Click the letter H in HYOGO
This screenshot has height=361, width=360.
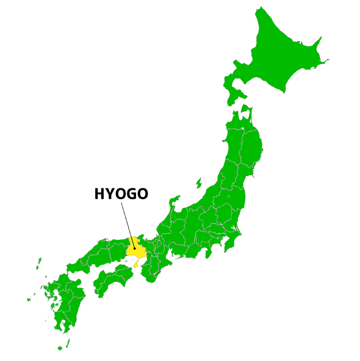[x=100, y=194]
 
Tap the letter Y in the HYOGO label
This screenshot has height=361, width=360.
[x=110, y=194]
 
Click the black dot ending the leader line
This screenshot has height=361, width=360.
[x=135, y=248]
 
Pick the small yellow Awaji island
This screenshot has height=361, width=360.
[x=136, y=264]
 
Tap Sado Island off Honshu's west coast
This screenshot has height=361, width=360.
[x=199, y=183]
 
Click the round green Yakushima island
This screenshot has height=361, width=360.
[x=60, y=348]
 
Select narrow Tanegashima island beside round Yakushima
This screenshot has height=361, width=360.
[x=68, y=342]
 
